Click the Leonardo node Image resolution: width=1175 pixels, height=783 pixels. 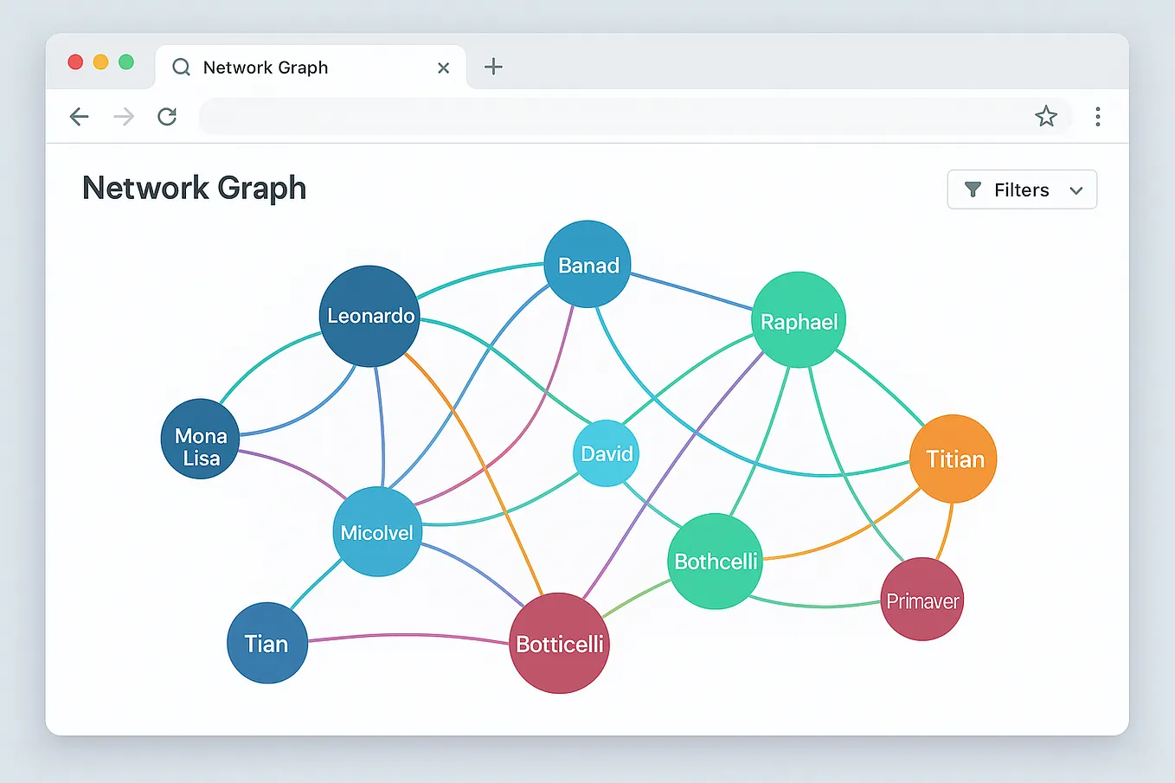point(369,316)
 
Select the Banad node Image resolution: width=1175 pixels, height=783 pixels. point(587,264)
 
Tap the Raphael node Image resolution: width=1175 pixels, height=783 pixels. point(799,320)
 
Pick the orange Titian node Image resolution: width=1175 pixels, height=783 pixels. point(953,459)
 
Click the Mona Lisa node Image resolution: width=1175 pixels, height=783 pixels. point(200,439)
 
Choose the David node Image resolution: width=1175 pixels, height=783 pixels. point(606,453)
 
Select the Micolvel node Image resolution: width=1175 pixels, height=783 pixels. point(377,532)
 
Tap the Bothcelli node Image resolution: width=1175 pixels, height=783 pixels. point(716,562)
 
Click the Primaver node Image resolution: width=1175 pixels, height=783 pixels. point(921,600)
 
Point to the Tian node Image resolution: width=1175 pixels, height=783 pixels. point(266,643)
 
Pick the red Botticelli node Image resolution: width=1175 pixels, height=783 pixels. point(559,643)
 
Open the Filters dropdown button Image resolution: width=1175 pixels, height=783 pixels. point(1022,189)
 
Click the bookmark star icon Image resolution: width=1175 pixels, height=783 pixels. point(1046,117)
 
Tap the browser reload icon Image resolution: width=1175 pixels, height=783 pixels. point(167,117)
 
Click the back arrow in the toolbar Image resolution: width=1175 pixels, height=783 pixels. point(79,117)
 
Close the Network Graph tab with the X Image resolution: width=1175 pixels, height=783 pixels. point(444,67)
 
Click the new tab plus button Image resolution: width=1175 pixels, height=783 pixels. point(493,67)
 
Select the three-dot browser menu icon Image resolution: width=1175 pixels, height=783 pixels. point(1097,117)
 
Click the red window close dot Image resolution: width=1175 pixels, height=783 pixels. point(75,61)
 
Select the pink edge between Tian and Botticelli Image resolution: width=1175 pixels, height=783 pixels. point(407,635)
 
